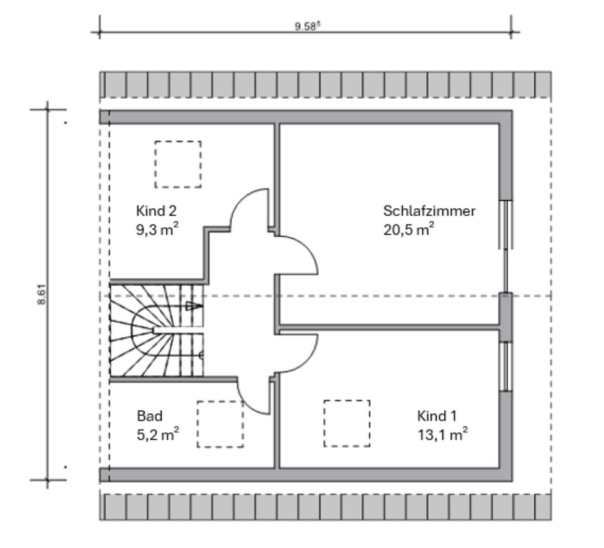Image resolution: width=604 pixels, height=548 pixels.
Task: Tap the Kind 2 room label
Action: (x=151, y=210)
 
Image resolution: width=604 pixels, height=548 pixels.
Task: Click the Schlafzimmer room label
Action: (x=429, y=211)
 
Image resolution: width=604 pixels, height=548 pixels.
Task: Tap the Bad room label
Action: (x=150, y=416)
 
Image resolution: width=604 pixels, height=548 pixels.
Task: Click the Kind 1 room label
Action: (x=437, y=416)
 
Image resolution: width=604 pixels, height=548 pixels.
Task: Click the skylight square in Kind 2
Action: (x=178, y=164)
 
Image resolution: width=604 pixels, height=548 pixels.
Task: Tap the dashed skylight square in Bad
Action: (x=220, y=424)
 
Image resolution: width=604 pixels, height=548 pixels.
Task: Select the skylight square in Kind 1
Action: (x=347, y=423)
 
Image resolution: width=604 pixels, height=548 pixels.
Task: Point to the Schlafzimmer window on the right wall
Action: (x=506, y=225)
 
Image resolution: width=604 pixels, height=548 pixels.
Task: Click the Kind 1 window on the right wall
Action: (x=506, y=366)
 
